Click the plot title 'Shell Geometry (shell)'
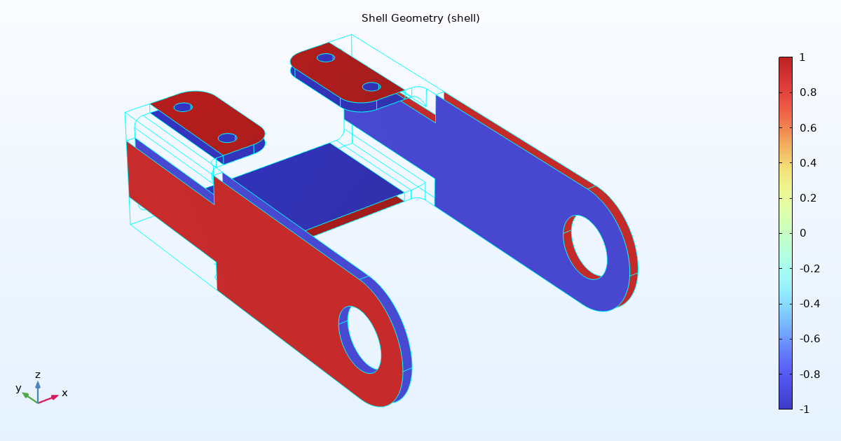[x=420, y=18]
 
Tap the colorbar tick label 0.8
[x=808, y=92]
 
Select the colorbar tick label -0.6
[x=809, y=339]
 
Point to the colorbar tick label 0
[x=802, y=233]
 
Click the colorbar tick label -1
[x=805, y=409]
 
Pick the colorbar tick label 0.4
[x=808, y=163]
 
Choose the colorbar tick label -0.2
[x=809, y=269]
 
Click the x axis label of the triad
[x=64, y=393]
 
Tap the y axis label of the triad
[x=19, y=388]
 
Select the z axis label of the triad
[x=38, y=374]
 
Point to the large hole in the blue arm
[x=589, y=247]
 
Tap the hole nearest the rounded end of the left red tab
[x=227, y=138]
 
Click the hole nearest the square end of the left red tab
[x=183, y=107]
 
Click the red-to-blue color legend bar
[x=786, y=233]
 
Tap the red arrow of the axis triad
[x=49, y=399]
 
